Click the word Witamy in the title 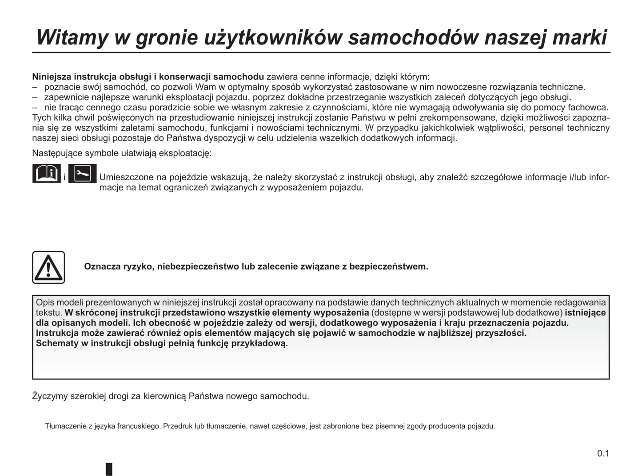point(72,37)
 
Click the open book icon point(46,173)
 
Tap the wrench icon point(82,173)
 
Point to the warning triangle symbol point(48,267)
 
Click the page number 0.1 point(603,453)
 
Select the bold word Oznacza point(102,266)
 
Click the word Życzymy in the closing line point(49,396)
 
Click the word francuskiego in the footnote point(139,426)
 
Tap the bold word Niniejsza point(52,77)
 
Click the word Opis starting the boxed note point(45,303)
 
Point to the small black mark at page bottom point(109,469)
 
